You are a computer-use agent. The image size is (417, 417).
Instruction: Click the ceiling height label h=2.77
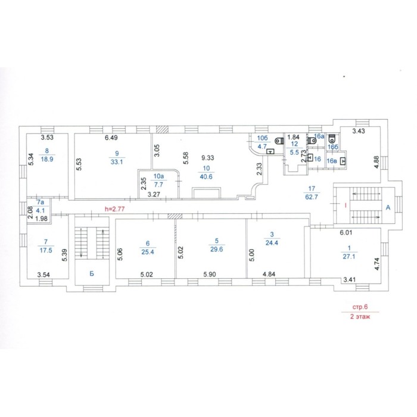[x=114, y=209]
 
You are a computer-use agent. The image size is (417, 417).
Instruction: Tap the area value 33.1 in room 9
[x=117, y=161]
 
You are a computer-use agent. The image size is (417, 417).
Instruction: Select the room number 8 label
[x=47, y=151]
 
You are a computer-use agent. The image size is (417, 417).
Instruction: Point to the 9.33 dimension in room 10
[x=207, y=158]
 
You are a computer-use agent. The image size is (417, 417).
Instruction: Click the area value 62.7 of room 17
[x=312, y=197]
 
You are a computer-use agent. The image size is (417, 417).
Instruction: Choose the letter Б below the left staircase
[x=92, y=273]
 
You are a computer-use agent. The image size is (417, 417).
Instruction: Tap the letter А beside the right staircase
[x=388, y=207]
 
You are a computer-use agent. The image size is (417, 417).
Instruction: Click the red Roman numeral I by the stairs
[x=346, y=205]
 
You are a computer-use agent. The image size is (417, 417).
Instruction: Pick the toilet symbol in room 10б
[x=279, y=141]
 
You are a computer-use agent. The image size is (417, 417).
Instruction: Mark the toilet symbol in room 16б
[x=332, y=139]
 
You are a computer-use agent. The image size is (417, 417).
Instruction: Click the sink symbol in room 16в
[x=343, y=161]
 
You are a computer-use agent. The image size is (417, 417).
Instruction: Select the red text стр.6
[x=360, y=307]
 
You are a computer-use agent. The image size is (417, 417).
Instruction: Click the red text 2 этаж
[x=360, y=317]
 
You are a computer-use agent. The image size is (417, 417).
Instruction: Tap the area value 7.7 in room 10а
[x=158, y=184]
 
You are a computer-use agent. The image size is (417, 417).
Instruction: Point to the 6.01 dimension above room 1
[x=346, y=232]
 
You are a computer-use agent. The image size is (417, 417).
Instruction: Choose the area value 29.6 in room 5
[x=216, y=249]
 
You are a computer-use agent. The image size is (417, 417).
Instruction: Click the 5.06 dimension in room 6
[x=120, y=254]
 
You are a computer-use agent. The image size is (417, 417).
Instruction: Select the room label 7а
[x=40, y=202]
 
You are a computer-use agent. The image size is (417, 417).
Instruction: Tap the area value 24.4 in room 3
[x=272, y=242]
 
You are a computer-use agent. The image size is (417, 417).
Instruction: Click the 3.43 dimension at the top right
[x=359, y=131]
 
